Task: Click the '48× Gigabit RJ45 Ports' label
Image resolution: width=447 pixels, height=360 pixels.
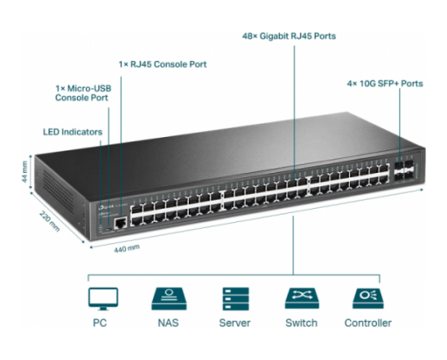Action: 289,36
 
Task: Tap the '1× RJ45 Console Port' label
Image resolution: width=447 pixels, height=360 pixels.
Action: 163,64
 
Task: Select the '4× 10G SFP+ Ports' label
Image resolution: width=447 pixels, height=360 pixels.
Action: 385,84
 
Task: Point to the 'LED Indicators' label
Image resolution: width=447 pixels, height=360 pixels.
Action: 73,132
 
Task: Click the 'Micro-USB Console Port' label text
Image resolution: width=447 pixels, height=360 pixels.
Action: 83,93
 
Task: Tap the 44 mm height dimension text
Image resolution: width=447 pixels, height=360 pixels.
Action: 24,172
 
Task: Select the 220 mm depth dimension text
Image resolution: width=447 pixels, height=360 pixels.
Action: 49,221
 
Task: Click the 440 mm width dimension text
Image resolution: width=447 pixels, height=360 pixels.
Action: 127,248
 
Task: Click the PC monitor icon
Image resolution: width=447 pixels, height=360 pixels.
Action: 103,299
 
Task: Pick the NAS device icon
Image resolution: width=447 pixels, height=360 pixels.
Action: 169,299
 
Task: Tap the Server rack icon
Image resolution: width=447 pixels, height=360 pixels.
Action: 236,299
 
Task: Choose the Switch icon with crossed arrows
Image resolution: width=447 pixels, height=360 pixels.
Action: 302,298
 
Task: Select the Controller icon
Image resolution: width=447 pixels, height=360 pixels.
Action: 368,298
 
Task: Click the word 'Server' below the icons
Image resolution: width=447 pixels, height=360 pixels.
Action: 235,323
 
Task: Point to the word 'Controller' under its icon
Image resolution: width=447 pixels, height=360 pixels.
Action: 368,323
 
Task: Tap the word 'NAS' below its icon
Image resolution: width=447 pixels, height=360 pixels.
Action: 169,323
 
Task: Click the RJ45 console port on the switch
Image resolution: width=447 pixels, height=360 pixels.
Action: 120,223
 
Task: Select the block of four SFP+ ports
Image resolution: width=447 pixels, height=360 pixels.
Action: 404,170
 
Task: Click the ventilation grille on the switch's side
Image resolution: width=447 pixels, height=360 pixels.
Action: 58,191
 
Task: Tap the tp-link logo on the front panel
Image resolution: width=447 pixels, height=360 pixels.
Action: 106,206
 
